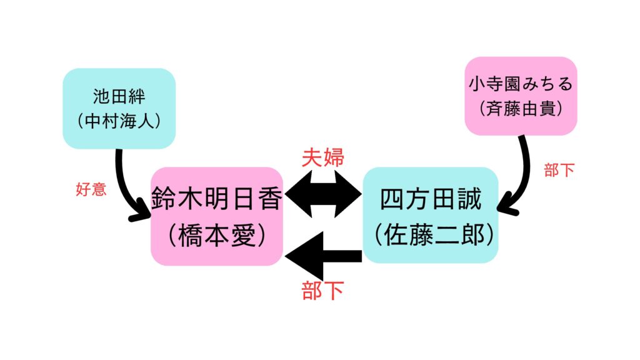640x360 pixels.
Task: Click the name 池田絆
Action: click(119, 97)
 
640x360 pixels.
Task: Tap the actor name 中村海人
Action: click(119, 121)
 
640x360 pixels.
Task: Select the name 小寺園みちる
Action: click(521, 84)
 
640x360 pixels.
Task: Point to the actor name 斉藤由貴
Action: click(521, 109)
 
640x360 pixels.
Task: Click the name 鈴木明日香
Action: click(217, 199)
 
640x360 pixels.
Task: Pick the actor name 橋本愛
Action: click(217, 235)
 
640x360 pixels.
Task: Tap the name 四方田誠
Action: click(431, 199)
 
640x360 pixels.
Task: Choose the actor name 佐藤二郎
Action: click(434, 235)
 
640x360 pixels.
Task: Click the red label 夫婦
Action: click(323, 157)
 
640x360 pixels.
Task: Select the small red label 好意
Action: click(91, 189)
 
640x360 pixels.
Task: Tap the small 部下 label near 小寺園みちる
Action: click(559, 170)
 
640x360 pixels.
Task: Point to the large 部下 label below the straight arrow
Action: click(322, 291)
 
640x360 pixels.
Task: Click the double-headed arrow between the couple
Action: click(323, 194)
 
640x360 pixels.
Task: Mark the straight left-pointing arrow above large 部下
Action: click(323, 256)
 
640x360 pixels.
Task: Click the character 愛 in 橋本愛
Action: click(244, 235)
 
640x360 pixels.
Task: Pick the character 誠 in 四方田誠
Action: click(470, 199)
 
